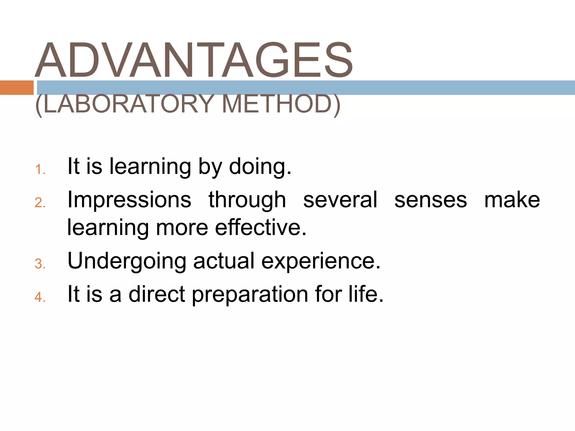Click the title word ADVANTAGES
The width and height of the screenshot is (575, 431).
coord(194,60)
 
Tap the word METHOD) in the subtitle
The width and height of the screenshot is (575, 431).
coord(281,104)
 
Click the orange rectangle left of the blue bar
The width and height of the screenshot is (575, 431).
coord(17,88)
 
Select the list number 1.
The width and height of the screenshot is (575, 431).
coord(40,169)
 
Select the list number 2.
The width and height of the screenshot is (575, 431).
coord(40,203)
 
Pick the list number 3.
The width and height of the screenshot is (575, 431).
coord(40,264)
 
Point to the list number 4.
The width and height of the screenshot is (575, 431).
coord(40,297)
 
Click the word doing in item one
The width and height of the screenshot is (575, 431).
coord(260,167)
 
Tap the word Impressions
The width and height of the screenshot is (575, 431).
coord(129,200)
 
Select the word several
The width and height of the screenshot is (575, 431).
coord(340,200)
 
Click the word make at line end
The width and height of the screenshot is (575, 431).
coord(512,200)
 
